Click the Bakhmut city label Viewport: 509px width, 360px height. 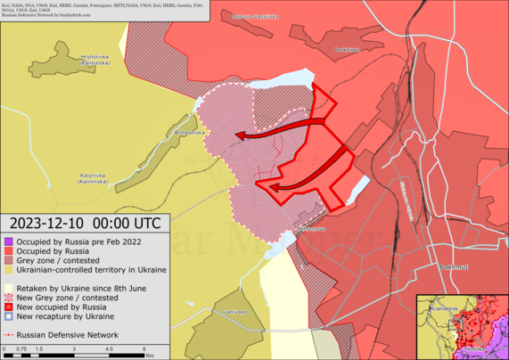tap(454, 266)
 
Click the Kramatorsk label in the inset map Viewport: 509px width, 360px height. tap(443, 308)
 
